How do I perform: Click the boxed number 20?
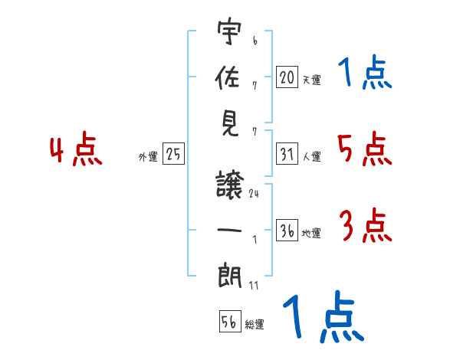(x=287, y=77)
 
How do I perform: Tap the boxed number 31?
(x=287, y=154)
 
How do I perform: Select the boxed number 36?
(x=287, y=231)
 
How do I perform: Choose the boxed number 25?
(x=174, y=154)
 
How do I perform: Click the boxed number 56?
(x=229, y=322)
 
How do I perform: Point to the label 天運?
(x=311, y=80)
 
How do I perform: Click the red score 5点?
(x=364, y=149)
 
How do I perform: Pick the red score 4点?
(x=77, y=150)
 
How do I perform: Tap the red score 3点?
(x=366, y=227)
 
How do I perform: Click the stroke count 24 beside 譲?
(x=254, y=195)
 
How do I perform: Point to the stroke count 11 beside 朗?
(x=254, y=285)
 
